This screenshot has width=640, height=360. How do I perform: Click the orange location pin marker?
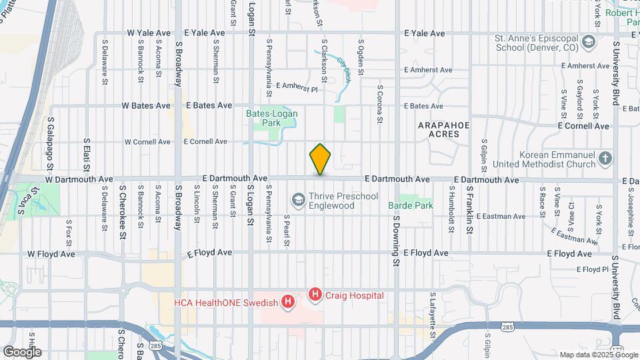(x=320, y=159)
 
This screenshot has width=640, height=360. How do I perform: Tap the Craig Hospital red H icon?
(x=315, y=294)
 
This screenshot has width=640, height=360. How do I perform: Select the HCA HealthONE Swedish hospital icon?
(x=287, y=303)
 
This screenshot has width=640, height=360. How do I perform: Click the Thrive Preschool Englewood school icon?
(x=299, y=200)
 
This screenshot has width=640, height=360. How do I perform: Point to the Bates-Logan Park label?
(x=272, y=118)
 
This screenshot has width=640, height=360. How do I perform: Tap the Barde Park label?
(x=411, y=205)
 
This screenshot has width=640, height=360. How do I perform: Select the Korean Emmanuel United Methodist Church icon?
(x=605, y=159)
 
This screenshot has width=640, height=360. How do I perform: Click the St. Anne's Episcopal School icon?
(x=588, y=43)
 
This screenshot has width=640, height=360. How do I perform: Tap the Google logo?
(x=22, y=351)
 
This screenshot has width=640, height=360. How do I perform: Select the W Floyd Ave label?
(x=51, y=254)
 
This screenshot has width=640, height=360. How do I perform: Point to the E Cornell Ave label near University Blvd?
(x=584, y=125)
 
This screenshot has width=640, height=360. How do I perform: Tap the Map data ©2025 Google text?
(x=597, y=355)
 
